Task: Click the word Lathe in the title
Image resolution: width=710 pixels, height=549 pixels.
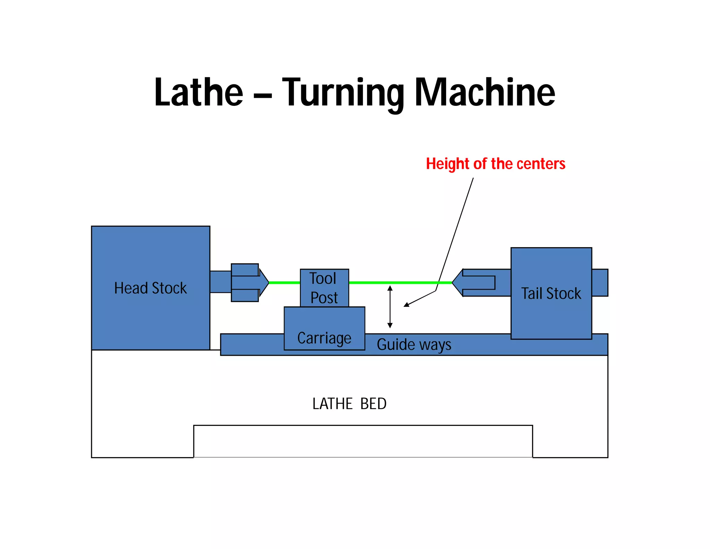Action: pyautogui.click(x=199, y=92)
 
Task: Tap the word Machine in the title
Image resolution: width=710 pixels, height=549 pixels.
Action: pyautogui.click(x=485, y=92)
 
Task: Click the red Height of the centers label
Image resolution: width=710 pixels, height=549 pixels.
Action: pyautogui.click(x=495, y=164)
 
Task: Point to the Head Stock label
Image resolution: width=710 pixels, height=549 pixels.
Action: pyautogui.click(x=150, y=288)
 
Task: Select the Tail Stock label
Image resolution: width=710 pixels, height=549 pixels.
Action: pyautogui.click(x=551, y=294)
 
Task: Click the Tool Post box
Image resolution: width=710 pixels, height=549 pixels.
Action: pyautogui.click(x=324, y=288)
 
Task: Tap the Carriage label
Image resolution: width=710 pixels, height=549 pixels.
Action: pyautogui.click(x=324, y=338)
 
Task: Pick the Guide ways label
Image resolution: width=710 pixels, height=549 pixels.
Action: pyautogui.click(x=414, y=345)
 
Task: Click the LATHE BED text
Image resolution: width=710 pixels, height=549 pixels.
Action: pyautogui.click(x=349, y=404)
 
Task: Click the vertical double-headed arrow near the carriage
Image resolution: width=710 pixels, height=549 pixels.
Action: pyautogui.click(x=390, y=307)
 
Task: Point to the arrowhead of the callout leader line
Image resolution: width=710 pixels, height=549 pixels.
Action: pyautogui.click(x=406, y=305)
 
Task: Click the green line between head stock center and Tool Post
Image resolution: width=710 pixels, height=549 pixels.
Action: pyautogui.click(x=284, y=283)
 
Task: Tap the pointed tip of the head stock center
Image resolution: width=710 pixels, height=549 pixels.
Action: pyautogui.click(x=268, y=282)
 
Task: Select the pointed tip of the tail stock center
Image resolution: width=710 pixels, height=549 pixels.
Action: pyautogui.click(x=453, y=282)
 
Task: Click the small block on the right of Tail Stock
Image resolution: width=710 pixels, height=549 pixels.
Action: pyautogui.click(x=600, y=282)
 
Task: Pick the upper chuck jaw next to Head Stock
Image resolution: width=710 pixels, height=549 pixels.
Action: pyautogui.click(x=245, y=270)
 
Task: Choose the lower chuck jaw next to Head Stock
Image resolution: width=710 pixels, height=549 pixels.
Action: pyautogui.click(x=245, y=295)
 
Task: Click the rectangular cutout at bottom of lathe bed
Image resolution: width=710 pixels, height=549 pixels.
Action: pyautogui.click(x=363, y=441)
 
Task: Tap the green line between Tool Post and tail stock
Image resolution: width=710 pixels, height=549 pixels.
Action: pyautogui.click(x=399, y=283)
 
